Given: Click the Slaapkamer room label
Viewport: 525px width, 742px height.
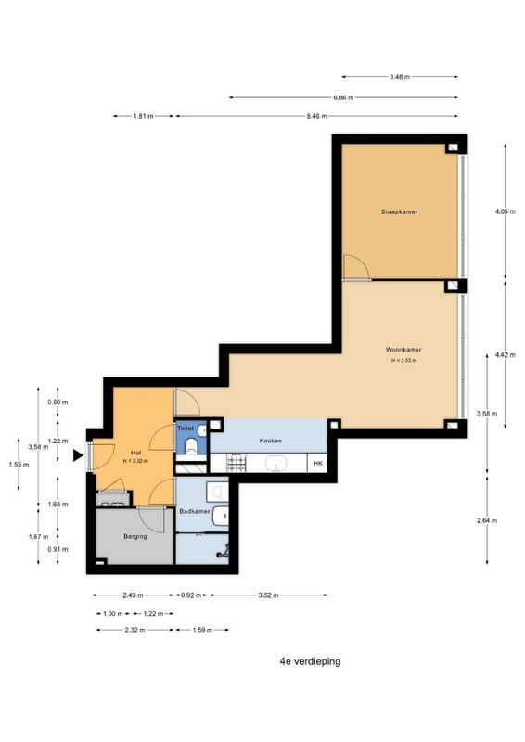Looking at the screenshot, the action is (x=399, y=211).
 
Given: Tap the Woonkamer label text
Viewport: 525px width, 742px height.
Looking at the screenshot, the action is (x=403, y=350).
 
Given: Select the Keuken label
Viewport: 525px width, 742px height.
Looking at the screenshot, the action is (x=270, y=441).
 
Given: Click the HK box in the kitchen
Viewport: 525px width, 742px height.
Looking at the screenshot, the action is (x=317, y=463).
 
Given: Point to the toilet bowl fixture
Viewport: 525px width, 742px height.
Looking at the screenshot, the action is (x=191, y=445).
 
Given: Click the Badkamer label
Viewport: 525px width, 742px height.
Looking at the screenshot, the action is (x=195, y=511).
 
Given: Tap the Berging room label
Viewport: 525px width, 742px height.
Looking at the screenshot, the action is (x=134, y=536).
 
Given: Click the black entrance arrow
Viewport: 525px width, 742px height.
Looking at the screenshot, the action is (x=78, y=455).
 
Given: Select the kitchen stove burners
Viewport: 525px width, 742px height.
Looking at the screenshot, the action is (x=237, y=462).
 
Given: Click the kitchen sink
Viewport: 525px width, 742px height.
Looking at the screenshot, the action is (x=276, y=463).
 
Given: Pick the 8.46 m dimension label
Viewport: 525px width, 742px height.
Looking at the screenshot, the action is (x=316, y=116).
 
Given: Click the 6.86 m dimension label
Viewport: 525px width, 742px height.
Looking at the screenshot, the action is (x=343, y=98).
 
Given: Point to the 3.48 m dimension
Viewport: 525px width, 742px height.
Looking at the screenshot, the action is (x=400, y=77).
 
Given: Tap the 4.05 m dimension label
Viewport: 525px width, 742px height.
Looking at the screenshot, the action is (x=506, y=211).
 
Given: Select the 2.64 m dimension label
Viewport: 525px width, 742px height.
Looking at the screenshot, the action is (x=487, y=520).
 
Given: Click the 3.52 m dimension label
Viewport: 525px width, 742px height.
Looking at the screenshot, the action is (x=268, y=595).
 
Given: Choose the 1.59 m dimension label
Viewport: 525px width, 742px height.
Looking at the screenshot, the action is (x=202, y=630).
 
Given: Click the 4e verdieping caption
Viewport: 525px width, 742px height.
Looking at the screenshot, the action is (x=310, y=661).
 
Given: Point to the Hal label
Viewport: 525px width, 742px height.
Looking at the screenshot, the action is (x=135, y=454).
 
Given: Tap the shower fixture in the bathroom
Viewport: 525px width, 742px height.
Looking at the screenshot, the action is (x=224, y=551).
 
